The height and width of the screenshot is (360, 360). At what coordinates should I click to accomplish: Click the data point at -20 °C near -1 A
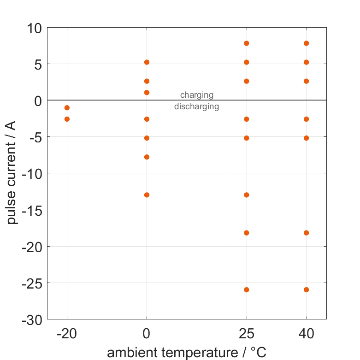click(x=67, y=108)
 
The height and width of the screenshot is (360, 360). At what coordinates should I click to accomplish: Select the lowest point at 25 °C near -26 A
click(x=247, y=290)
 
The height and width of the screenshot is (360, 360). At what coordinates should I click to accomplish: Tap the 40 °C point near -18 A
click(x=306, y=233)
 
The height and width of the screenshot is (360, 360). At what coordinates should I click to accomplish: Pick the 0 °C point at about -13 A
click(x=147, y=195)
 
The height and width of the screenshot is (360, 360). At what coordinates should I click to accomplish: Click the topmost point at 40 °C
click(x=306, y=43)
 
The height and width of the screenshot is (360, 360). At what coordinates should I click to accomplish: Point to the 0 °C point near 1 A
click(x=147, y=93)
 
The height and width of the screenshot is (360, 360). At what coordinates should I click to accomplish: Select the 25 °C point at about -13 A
click(x=247, y=195)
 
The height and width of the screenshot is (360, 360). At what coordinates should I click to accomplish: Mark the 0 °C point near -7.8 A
click(x=147, y=157)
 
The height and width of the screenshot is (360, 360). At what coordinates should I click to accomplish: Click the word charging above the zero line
click(x=197, y=95)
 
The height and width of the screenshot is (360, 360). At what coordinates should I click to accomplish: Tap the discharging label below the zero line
click(x=196, y=107)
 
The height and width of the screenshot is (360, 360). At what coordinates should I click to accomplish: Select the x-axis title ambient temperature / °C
click(x=187, y=353)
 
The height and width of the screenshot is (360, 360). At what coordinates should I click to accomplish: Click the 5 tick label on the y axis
click(x=37, y=65)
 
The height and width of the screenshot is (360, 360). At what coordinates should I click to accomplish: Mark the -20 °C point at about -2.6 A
click(x=67, y=119)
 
